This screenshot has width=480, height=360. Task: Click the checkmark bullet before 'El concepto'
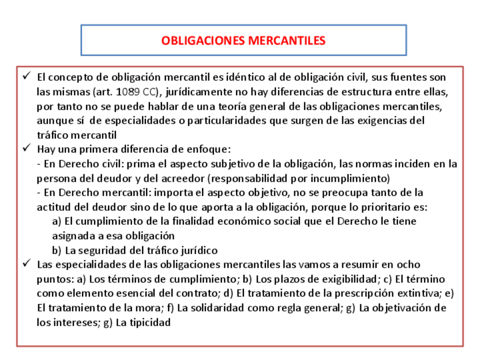tap(27, 76)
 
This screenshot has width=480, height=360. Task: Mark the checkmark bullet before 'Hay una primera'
tap(27, 149)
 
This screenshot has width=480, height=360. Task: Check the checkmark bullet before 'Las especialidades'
tap(27, 264)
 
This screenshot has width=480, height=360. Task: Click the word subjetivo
tap(248, 164)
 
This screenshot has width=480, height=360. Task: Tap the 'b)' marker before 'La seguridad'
tap(57, 250)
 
